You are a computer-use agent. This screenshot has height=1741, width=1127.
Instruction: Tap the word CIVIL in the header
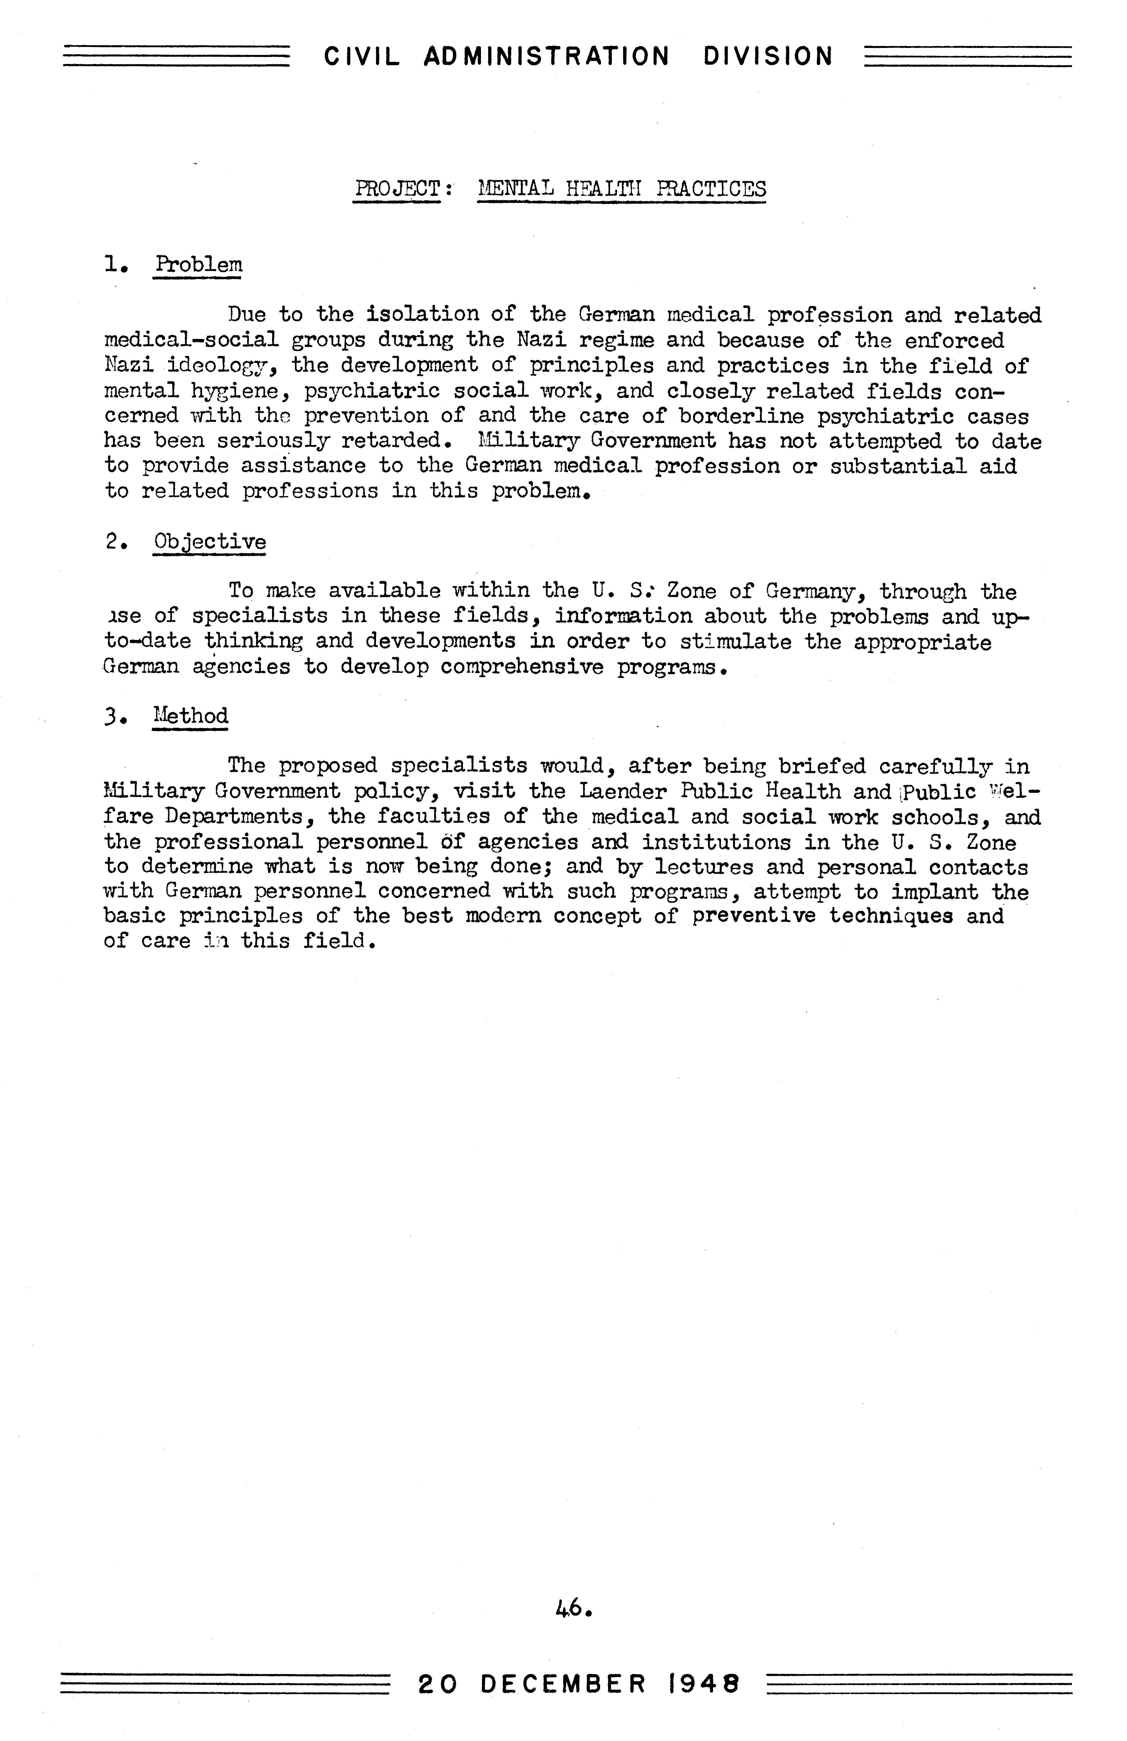(x=362, y=56)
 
